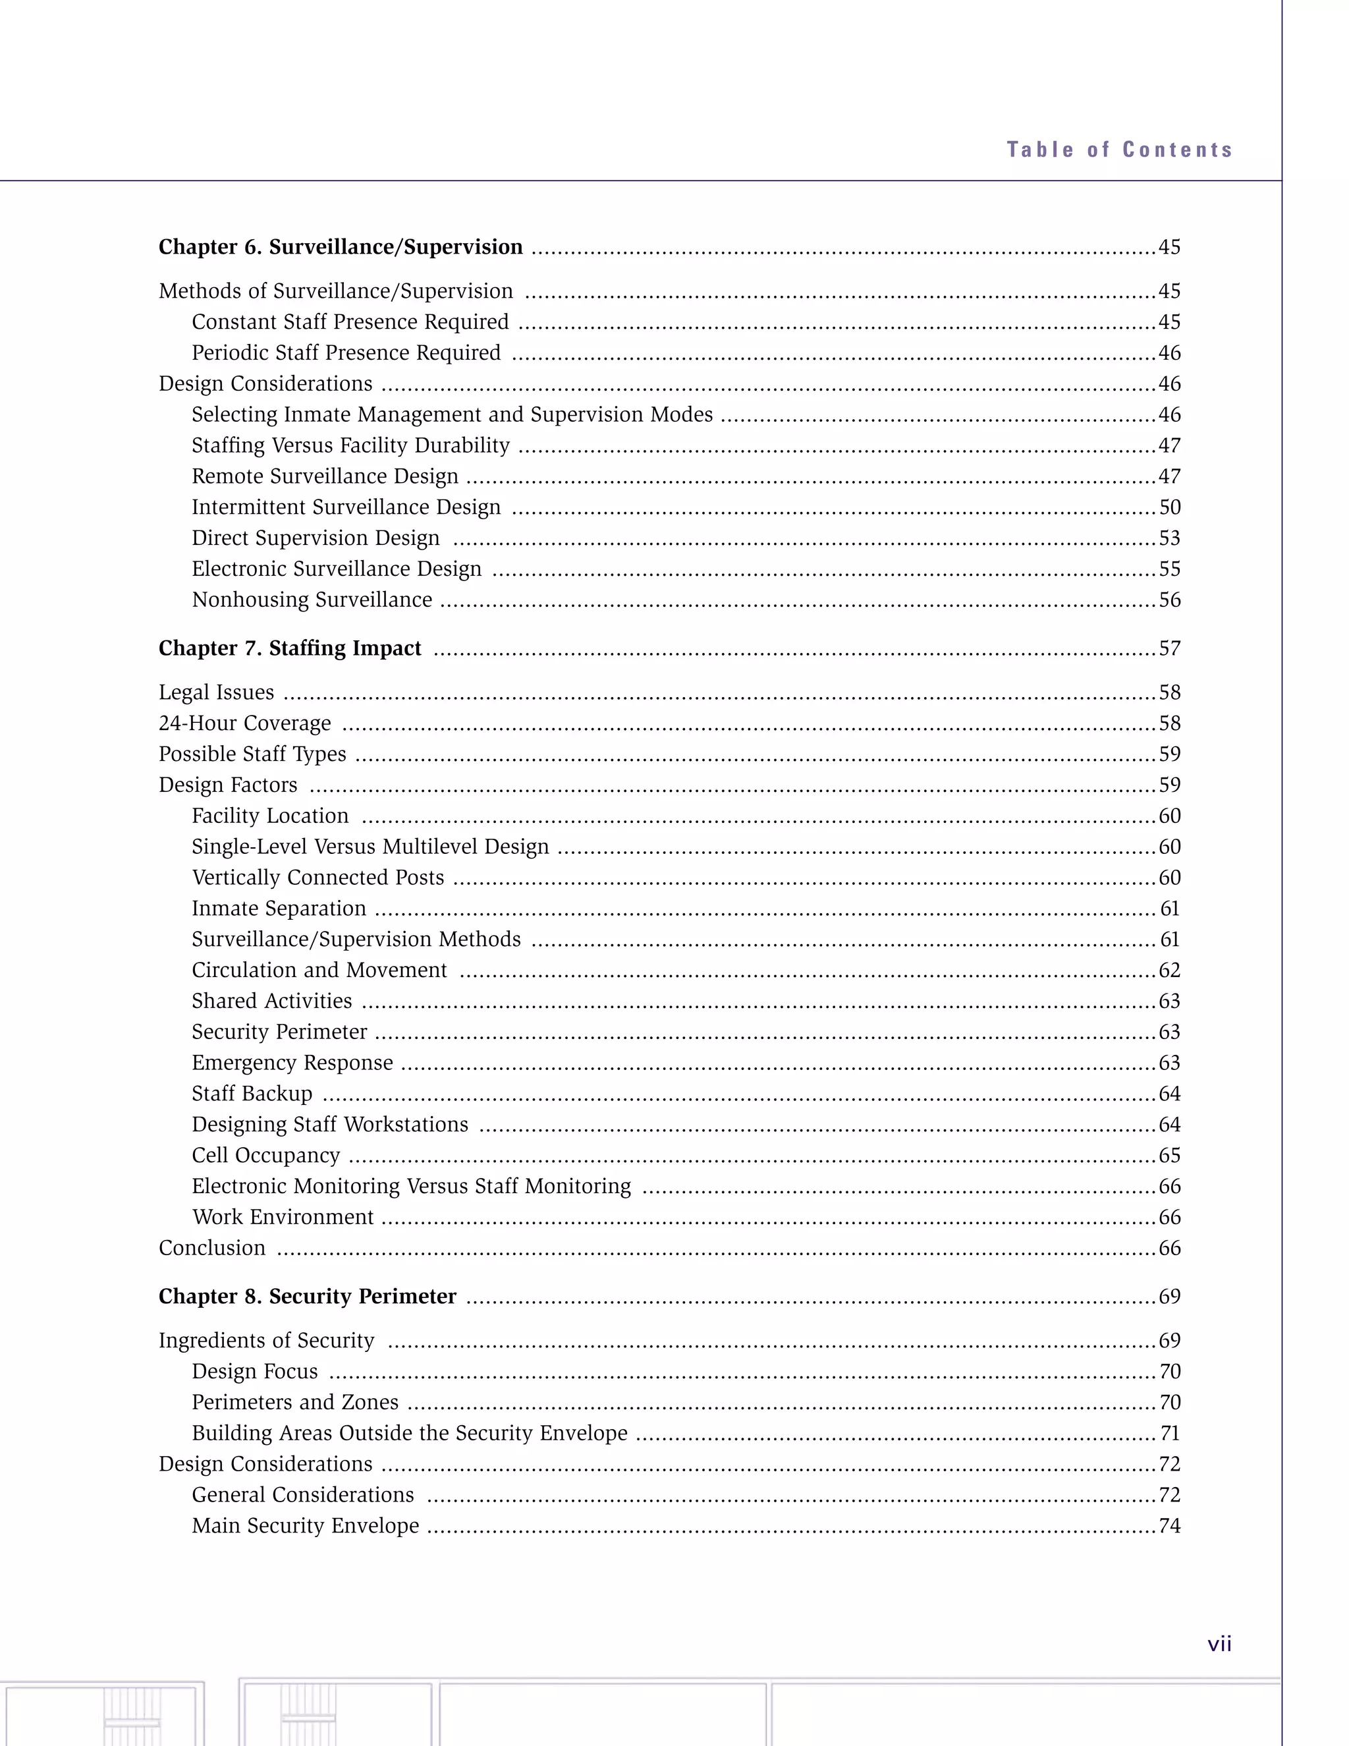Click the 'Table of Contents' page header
1119,150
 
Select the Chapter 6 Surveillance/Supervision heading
341,247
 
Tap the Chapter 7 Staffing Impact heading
289,648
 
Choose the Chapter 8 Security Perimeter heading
307,1297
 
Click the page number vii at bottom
1219,1645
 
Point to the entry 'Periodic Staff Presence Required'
346,353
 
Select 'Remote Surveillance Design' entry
325,476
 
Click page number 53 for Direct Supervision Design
1169,539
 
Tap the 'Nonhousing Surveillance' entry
312,600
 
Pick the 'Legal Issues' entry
216,692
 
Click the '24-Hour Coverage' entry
244,723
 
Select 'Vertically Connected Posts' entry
317,878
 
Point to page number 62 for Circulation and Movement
1169,971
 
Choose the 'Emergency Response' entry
292,1063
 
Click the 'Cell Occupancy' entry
265,1156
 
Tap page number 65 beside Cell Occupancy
1169,1156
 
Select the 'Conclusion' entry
212,1249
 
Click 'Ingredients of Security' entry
266,1341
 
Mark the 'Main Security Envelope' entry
305,1526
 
